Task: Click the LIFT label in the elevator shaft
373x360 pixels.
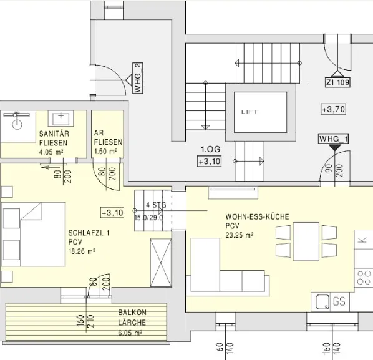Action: [249, 112]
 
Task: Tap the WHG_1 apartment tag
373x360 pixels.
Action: [334, 139]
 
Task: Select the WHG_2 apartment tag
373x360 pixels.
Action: [138, 78]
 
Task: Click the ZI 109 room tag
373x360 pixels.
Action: [338, 82]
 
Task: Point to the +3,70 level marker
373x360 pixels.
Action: [333, 109]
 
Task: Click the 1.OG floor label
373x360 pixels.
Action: [211, 149]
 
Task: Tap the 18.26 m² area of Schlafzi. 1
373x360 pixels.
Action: [82, 251]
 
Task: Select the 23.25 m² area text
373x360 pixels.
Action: [240, 235]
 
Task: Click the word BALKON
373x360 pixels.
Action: [132, 312]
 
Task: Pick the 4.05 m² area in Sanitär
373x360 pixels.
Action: [51, 152]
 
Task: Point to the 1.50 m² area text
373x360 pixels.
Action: [105, 152]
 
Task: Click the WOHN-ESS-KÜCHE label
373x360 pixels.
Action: [257, 216]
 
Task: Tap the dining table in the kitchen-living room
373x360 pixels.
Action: [306, 241]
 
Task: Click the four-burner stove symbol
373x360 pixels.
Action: [364, 278]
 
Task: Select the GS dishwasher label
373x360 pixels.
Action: [339, 301]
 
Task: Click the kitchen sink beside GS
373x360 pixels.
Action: [322, 302]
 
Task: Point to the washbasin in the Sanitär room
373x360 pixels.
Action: [61, 119]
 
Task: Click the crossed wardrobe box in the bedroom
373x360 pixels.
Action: [161, 263]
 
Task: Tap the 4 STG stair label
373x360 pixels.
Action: [156, 205]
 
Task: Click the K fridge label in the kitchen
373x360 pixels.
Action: [362, 240]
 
